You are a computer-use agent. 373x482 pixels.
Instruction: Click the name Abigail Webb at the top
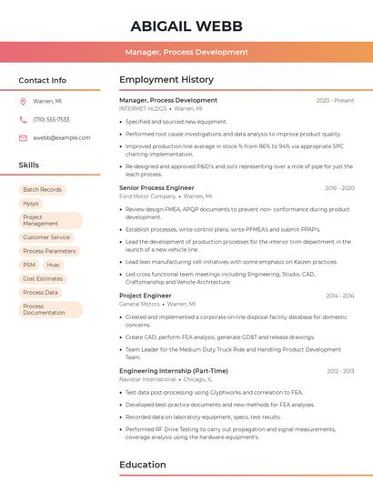[186, 25]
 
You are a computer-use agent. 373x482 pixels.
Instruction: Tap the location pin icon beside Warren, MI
[23, 101]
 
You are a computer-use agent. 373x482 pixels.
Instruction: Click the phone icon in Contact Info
[23, 119]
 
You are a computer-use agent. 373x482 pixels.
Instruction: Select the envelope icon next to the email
[23, 137]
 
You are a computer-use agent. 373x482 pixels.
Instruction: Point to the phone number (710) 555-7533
[51, 119]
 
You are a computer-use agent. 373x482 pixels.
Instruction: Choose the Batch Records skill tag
[42, 189]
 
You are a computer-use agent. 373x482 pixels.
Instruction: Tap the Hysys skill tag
[31, 204]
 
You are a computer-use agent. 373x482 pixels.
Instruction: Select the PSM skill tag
[29, 265]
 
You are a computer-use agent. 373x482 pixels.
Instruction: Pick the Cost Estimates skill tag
[43, 278]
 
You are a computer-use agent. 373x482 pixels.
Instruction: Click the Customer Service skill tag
[46, 237]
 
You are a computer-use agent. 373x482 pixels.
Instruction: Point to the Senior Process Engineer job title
[156, 187]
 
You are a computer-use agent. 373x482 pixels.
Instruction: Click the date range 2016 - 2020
[339, 188]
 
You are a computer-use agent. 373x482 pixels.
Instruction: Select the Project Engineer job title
[145, 296]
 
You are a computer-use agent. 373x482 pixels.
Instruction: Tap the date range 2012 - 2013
[340, 371]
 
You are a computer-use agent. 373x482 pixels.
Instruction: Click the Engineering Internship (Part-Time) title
[173, 371]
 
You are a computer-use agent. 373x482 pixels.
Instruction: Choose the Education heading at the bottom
[142, 465]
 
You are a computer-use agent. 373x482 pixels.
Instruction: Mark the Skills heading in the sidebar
[29, 165]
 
